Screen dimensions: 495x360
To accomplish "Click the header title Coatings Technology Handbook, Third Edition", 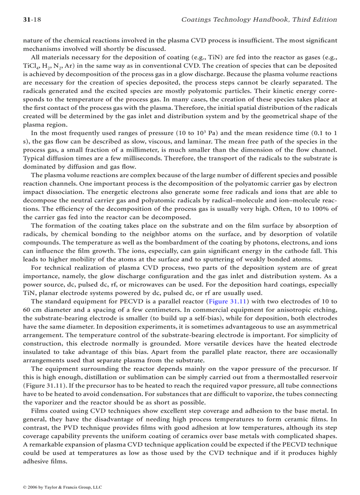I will pos(259,19).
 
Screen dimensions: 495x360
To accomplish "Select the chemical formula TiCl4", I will pos(30,66).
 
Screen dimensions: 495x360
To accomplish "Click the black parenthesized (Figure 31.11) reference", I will pos(45,386).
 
